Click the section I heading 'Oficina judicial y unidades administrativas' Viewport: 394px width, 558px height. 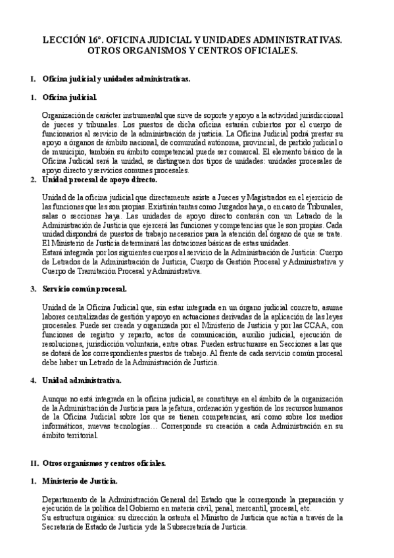click(116, 80)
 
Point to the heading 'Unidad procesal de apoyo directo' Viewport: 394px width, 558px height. click(99, 180)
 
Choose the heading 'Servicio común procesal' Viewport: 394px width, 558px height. click(84, 289)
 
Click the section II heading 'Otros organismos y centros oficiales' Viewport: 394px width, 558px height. click(104, 463)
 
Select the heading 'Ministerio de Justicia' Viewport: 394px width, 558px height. click(80, 482)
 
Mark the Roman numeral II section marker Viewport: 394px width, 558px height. click(34, 463)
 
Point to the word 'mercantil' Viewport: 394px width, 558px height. click(242, 508)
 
